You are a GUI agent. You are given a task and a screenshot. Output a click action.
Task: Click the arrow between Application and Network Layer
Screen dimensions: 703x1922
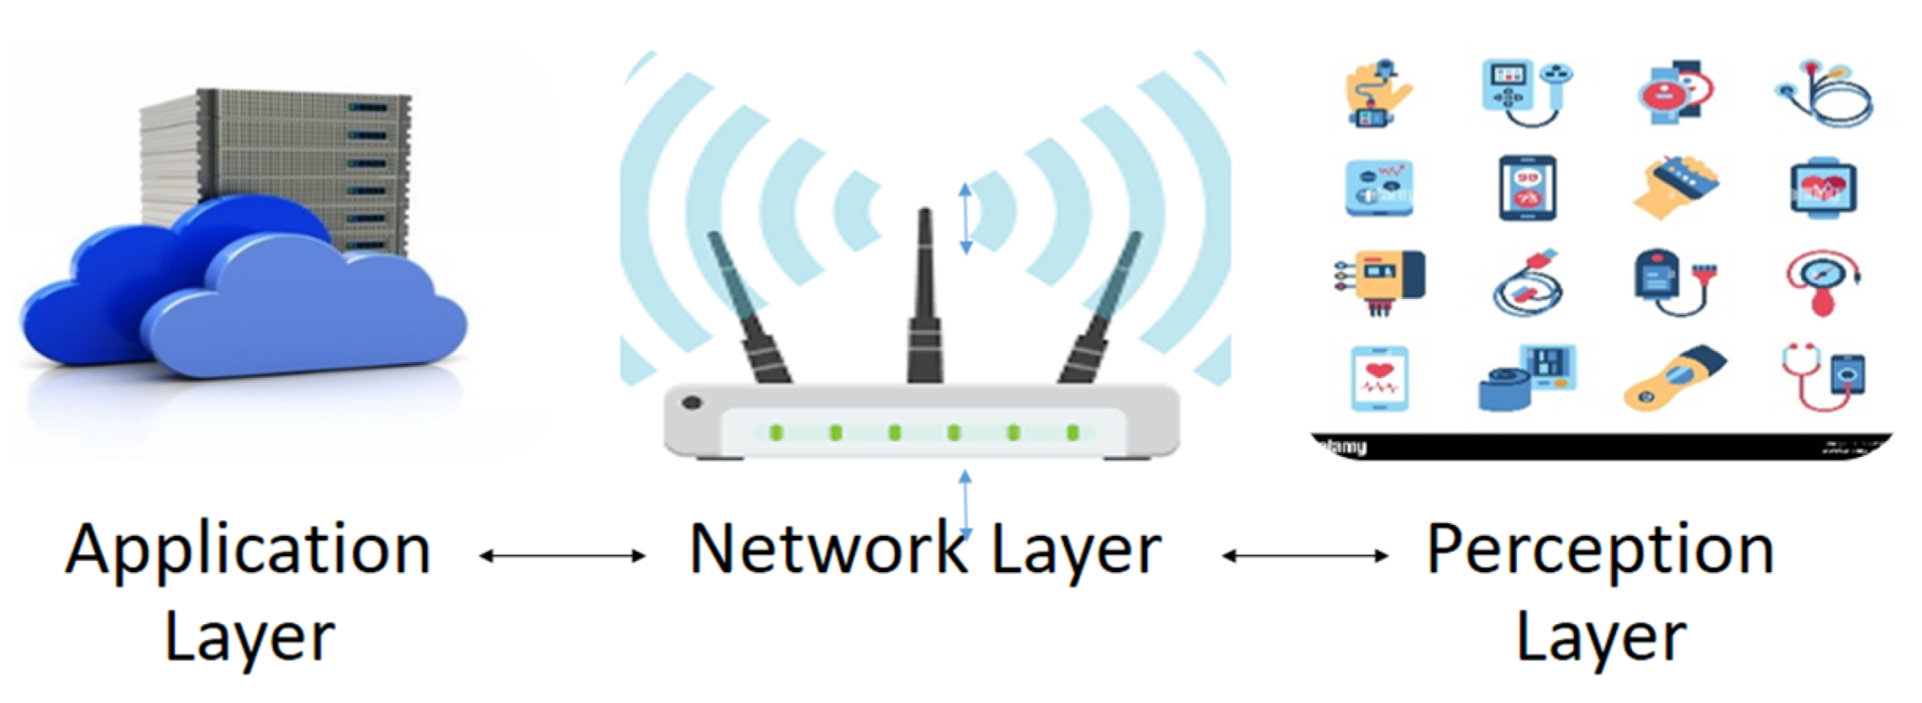point(562,556)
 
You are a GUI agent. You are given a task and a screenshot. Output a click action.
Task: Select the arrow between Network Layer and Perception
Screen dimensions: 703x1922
point(1305,556)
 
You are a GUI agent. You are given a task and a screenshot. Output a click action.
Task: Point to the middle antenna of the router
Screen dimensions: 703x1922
point(925,297)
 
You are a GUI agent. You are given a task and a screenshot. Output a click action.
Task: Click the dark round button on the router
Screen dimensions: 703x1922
point(692,403)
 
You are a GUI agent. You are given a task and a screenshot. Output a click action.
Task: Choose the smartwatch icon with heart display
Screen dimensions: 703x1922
point(1823,189)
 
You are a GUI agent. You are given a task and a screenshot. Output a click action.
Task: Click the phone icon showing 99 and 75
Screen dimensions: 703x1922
point(1527,189)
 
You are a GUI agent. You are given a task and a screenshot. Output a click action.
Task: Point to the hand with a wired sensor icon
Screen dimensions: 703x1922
point(1378,94)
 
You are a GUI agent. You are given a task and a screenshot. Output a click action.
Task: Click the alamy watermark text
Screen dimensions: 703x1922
point(1344,448)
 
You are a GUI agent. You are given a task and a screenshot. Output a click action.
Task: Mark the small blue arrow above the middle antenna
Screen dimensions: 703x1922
point(966,218)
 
